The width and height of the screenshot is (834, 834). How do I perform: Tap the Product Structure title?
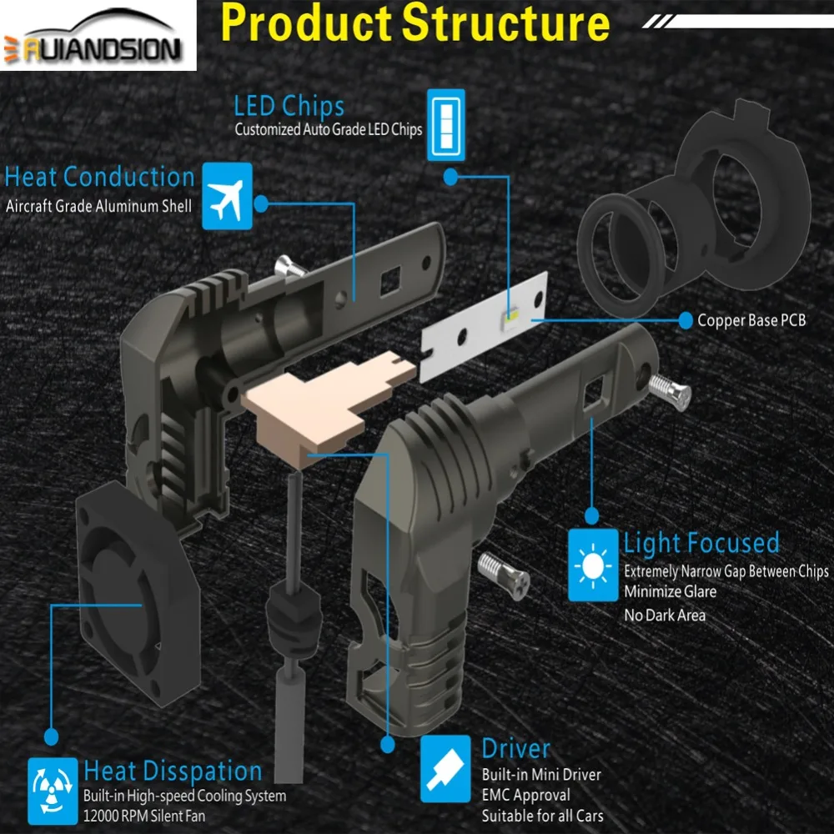(415, 23)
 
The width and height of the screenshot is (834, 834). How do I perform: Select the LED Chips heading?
(289, 107)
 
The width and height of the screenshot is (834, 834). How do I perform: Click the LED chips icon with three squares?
(445, 126)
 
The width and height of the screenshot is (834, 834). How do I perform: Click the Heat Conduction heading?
(100, 177)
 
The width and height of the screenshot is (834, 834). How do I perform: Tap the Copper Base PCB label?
(751, 319)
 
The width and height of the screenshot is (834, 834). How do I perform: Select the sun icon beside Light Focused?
(593, 565)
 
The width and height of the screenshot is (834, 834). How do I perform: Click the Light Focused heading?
(701, 543)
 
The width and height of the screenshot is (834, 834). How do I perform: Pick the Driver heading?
(515, 748)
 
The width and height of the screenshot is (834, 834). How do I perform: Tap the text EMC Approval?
(525, 795)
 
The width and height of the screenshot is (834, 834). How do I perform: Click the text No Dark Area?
(664, 615)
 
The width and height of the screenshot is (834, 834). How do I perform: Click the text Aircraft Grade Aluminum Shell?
(98, 206)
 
